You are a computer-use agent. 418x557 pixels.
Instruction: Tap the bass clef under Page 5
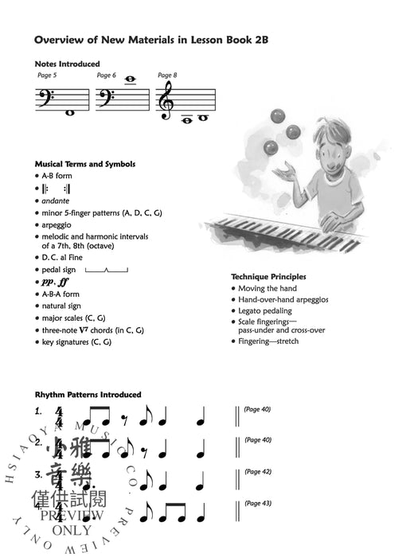[45, 99]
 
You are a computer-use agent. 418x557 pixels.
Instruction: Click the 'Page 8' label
[167, 75]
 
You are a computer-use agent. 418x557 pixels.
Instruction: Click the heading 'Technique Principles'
[268, 277]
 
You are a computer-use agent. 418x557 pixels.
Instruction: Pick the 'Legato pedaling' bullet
[265, 311]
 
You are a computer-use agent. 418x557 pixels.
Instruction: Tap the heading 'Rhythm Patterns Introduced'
[88, 395]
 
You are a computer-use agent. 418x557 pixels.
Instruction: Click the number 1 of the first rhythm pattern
[37, 411]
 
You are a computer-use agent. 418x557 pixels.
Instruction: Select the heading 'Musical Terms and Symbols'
[85, 165]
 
